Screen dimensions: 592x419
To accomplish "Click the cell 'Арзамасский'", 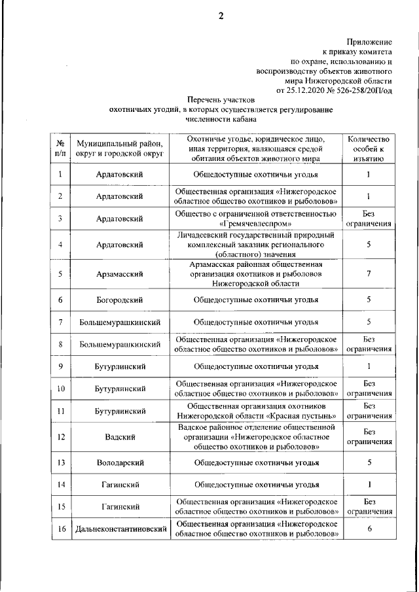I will tap(120, 273).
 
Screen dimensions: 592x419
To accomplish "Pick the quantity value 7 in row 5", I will tap(369, 273).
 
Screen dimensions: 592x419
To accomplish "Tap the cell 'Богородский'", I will tap(120, 300).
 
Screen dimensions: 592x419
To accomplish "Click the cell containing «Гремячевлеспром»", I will tap(256, 218).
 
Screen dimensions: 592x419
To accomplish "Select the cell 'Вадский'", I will tap(120, 436).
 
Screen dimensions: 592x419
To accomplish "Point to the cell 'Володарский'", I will tap(120, 462).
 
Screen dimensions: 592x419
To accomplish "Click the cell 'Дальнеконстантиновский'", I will tap(120, 529).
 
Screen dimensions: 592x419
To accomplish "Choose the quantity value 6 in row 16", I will tap(369, 529).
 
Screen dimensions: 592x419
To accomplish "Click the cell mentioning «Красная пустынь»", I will tap(256, 410).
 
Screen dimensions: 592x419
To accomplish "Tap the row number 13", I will tap(60, 462).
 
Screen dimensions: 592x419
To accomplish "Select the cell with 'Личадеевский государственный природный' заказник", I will tap(256, 245).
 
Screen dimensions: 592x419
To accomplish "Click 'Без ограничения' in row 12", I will tap(369, 436).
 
